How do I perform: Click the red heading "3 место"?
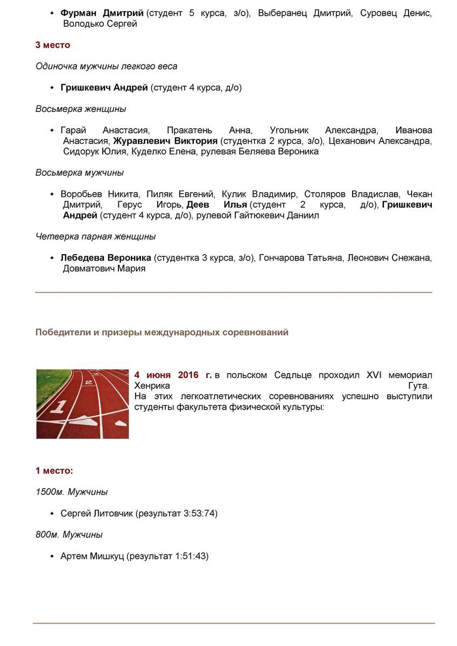[53, 45]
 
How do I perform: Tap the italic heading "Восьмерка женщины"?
[81, 109]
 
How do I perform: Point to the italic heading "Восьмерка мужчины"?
[80, 173]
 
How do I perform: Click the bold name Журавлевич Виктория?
[165, 141]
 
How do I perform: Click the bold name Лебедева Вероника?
[106, 258]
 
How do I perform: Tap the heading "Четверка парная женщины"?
[95, 236]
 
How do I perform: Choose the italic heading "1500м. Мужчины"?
[72, 492]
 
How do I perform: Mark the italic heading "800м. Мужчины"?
[69, 535]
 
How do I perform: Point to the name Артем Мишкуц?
[93, 556]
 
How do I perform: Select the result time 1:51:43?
[191, 556]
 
